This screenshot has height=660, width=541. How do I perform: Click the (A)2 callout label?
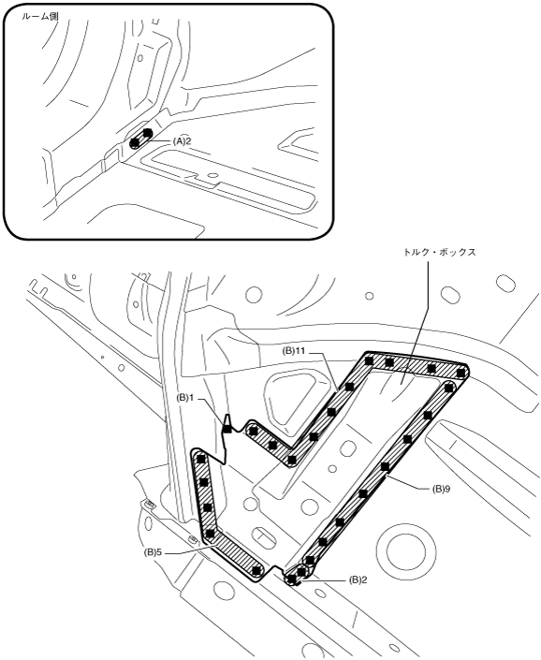tap(182, 141)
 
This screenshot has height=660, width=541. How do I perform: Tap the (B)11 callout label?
tap(294, 351)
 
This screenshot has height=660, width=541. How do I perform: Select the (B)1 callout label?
tap(185, 398)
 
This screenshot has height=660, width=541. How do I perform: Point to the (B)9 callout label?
tap(441, 489)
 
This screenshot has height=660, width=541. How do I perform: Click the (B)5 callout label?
tap(154, 552)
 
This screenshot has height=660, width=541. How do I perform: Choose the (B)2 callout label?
tap(358, 579)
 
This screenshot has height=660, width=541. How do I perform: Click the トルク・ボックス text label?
tap(440, 252)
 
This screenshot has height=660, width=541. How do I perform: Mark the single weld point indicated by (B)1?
tap(227, 430)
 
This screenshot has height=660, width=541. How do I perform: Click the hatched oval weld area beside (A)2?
tap(141, 138)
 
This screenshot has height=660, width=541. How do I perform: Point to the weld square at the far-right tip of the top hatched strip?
tap(461, 372)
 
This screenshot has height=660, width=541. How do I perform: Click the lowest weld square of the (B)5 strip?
tap(256, 570)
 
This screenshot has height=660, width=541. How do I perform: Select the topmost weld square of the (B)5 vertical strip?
tap(200, 458)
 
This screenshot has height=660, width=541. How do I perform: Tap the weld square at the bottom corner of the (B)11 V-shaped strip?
tap(291, 459)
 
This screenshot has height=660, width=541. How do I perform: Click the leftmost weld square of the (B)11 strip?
tap(254, 431)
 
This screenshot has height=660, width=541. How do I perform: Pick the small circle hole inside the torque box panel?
tap(332, 468)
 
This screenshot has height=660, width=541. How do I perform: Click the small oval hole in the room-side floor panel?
tap(212, 174)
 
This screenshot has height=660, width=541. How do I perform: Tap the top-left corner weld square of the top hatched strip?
tap(370, 360)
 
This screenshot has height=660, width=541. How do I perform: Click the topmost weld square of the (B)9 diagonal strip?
tap(448, 386)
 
